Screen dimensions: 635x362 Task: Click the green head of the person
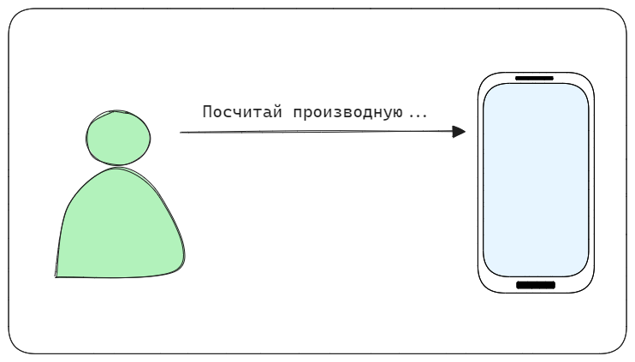118,138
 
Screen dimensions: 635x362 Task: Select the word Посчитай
242,112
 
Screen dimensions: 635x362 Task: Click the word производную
347,113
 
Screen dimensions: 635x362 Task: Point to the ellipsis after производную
418,116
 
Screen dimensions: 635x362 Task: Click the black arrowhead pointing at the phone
459,132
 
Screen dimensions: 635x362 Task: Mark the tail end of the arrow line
181,133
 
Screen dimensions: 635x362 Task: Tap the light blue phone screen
536,181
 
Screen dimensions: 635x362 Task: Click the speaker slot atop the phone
534,78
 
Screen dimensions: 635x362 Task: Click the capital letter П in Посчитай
206,112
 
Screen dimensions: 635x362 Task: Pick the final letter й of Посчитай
277,111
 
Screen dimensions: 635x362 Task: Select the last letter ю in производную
398,113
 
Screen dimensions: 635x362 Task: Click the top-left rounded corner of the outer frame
15,15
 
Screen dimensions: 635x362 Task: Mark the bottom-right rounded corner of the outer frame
620,347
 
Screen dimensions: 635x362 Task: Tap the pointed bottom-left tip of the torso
56,277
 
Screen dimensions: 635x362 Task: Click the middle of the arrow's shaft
317,132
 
